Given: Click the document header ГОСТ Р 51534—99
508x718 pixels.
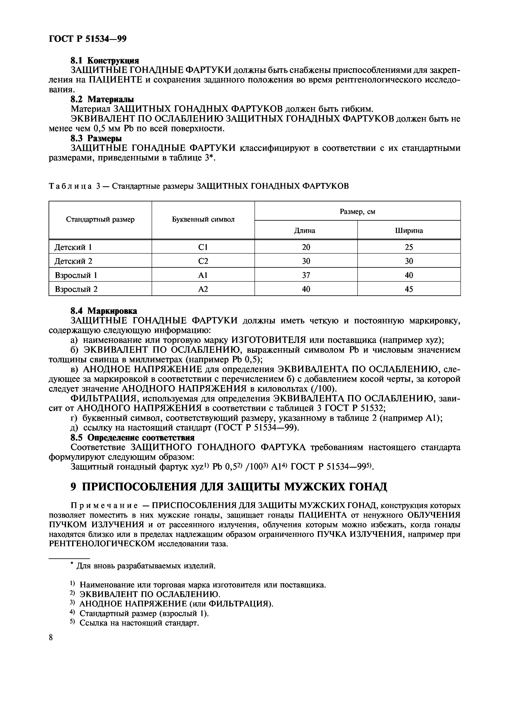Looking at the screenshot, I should pos(88,39).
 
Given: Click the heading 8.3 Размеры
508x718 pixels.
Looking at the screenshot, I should pos(96,138).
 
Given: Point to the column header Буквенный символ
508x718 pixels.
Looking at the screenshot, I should pos(203,220).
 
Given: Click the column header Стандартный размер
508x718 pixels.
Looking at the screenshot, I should pos(100,220).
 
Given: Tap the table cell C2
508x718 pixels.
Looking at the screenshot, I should pos(203,261).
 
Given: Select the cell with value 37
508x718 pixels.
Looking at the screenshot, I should pos(306,275).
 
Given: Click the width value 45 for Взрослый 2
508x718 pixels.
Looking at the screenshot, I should pos(409,289).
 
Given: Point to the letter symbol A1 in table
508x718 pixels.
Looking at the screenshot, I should pos(203,275).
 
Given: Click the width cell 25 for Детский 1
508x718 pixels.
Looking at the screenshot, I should pos(409,247).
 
